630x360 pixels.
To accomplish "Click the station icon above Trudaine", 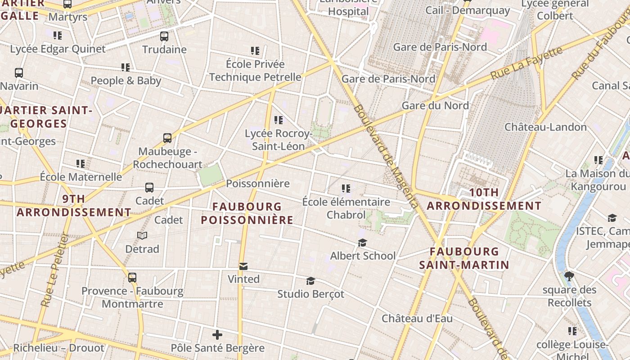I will [164, 36].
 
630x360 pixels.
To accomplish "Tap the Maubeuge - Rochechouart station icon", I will [167, 138].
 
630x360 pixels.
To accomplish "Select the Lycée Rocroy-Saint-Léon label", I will [278, 139].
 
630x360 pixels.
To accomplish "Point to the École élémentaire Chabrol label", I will [346, 208].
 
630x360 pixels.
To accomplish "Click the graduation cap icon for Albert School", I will [362, 243].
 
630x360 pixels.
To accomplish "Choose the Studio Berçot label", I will [310, 294].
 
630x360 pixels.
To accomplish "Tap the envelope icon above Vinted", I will [243, 266].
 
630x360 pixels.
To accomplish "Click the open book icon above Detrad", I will [142, 235].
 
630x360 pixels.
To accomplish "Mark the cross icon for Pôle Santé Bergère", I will [217, 335].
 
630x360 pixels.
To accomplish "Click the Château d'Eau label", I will [417, 319].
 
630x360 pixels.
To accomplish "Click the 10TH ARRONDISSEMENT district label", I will [484, 199].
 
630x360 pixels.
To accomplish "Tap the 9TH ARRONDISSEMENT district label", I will [74, 206].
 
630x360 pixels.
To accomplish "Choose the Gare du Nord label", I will [435, 106].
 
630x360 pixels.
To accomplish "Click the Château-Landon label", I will [545, 127].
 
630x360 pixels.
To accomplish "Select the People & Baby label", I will [126, 81].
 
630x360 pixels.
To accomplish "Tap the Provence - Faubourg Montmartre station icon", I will [132, 277].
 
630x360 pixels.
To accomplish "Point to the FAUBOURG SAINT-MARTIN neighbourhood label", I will [464, 258].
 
